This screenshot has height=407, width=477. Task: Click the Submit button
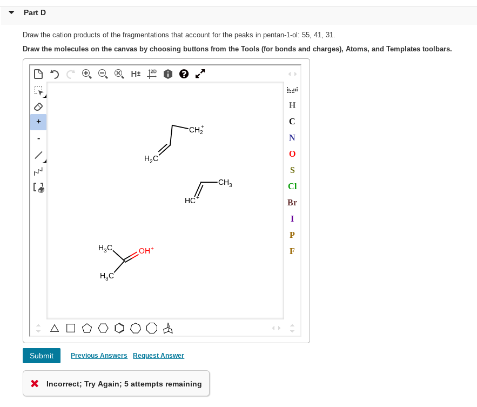click(42, 356)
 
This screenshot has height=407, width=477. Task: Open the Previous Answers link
click(99, 356)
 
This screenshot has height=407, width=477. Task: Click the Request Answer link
click(158, 356)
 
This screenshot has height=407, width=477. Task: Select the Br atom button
click(292, 203)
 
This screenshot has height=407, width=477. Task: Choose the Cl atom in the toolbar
click(292, 186)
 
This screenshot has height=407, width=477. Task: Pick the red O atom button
click(292, 154)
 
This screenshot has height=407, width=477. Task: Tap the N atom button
click(292, 138)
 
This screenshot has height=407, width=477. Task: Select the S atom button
click(292, 170)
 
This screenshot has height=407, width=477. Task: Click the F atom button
click(292, 251)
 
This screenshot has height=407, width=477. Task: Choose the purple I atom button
click(292, 219)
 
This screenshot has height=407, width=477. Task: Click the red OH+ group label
click(146, 251)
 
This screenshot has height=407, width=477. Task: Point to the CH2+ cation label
click(196, 130)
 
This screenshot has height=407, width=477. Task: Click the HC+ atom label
click(191, 201)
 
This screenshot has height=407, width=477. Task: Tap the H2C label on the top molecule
click(151, 158)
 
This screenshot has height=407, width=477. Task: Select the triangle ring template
click(55, 328)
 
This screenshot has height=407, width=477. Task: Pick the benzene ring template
click(119, 328)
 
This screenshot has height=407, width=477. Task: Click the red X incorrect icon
click(35, 384)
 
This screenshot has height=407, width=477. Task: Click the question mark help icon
click(184, 74)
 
